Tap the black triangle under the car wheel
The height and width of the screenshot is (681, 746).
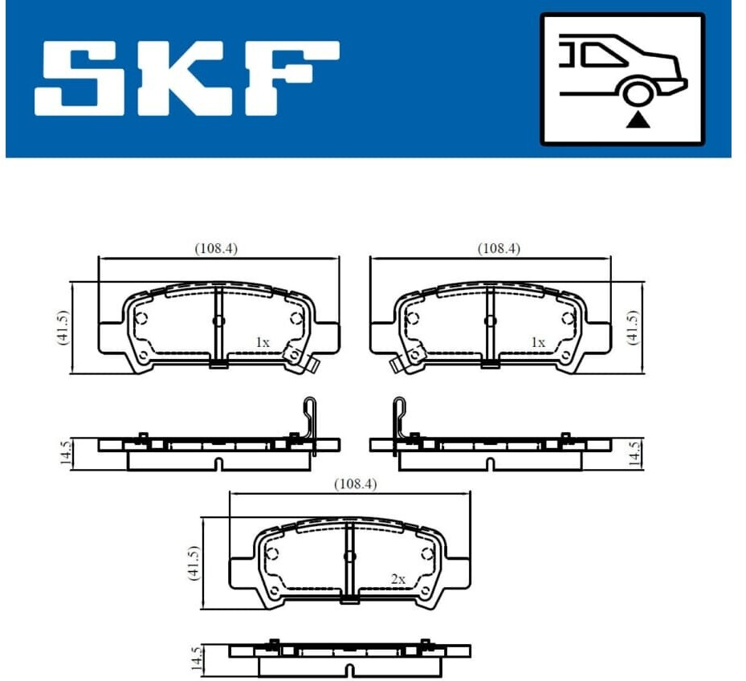tap(638, 120)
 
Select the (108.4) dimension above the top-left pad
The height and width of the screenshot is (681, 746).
tap(216, 248)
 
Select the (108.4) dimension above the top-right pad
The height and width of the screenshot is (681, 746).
tap(499, 248)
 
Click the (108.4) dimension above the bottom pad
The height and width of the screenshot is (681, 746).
tap(356, 484)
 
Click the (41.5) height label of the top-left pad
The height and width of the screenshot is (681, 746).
tap(63, 327)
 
